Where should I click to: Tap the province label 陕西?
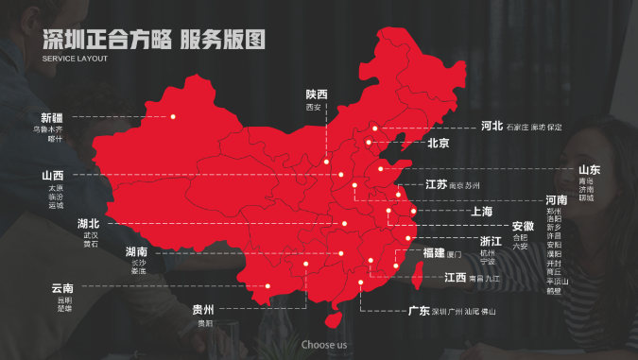click(x=317, y=94)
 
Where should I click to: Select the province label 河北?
click(x=492, y=126)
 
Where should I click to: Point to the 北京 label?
click(x=438, y=144)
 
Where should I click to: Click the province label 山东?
click(x=589, y=169)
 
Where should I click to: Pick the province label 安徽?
click(x=523, y=226)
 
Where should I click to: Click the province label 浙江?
click(x=491, y=242)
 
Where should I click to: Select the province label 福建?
click(x=434, y=253)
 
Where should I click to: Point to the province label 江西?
click(x=456, y=278)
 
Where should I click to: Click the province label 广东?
click(x=418, y=311)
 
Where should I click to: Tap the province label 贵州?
click(x=203, y=310)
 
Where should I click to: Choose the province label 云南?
click(x=63, y=288)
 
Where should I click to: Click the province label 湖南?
click(x=137, y=252)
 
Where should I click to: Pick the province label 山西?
click(x=53, y=176)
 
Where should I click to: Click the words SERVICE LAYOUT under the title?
click(x=76, y=59)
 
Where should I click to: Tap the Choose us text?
click(x=324, y=345)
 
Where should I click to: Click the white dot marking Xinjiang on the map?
click(x=173, y=116)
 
